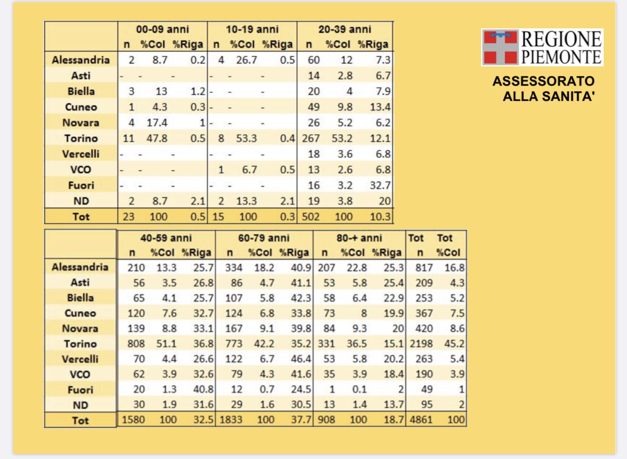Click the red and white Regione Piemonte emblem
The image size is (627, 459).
click(x=500, y=47)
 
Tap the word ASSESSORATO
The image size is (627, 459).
click(x=543, y=81)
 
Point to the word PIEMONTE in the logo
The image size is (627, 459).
click(x=561, y=55)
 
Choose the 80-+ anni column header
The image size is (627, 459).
click(x=359, y=238)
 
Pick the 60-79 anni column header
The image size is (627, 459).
click(x=263, y=238)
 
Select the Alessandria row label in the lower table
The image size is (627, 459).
click(x=80, y=266)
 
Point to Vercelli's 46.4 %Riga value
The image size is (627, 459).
click(x=301, y=359)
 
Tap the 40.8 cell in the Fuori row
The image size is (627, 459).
click(x=204, y=390)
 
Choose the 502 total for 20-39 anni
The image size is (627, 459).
click(x=311, y=216)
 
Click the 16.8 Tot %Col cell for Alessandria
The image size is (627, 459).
click(x=454, y=267)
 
